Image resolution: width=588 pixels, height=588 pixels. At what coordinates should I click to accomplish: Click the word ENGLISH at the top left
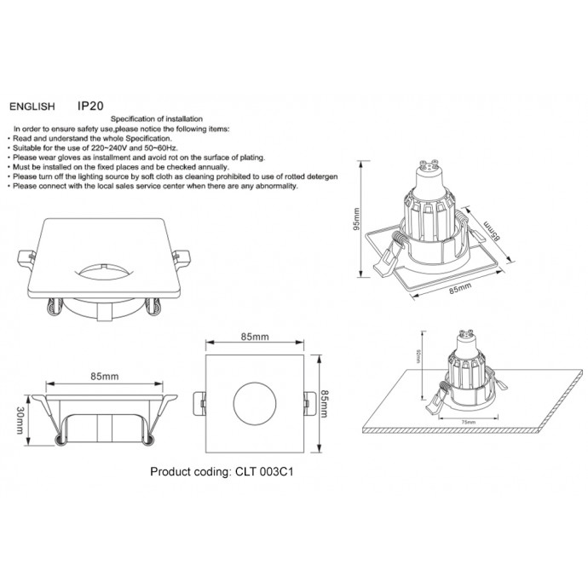point(32,108)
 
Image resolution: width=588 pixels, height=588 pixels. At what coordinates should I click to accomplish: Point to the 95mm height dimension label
point(359,222)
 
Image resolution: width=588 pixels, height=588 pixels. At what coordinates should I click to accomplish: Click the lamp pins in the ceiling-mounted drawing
point(466,333)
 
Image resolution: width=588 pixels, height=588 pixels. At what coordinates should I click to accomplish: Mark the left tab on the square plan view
point(199,399)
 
